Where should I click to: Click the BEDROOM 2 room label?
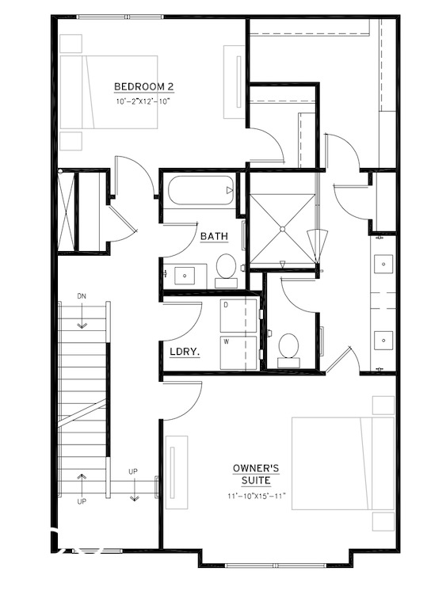[143, 86]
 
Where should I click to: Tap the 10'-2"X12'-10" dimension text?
[143, 101]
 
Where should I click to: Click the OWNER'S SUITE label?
[252, 474]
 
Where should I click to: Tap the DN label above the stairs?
[82, 296]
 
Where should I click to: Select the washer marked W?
[239, 352]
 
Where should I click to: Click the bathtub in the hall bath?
[200, 191]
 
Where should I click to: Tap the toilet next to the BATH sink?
[226, 267]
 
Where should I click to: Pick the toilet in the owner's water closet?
[288, 348]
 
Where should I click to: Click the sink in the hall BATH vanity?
[185, 274]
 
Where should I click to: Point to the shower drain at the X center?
[282, 229]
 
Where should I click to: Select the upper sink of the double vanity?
[384, 262]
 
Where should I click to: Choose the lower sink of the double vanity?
[384, 340]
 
